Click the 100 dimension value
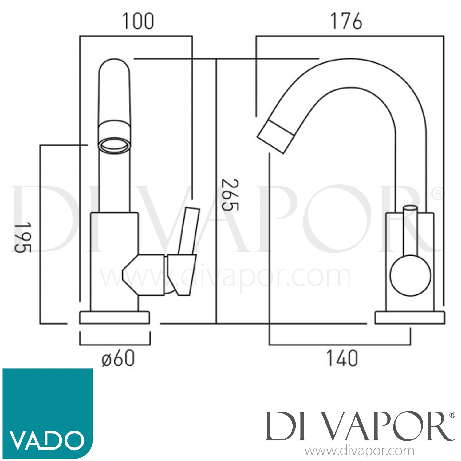tap(138, 22)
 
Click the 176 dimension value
tap(346, 22)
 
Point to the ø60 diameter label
tap(118, 358)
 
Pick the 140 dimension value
tap(342, 358)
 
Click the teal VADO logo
tap(48, 413)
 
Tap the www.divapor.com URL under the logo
tap(359, 451)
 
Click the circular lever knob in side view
tap(411, 275)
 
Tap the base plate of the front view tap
tap(115, 317)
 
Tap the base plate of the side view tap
tap(410, 317)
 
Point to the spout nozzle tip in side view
tap(275, 136)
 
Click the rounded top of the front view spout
tap(114, 66)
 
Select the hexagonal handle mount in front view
tap(144, 275)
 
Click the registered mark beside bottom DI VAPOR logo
tap(452, 415)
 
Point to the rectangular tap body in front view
tap(114, 261)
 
